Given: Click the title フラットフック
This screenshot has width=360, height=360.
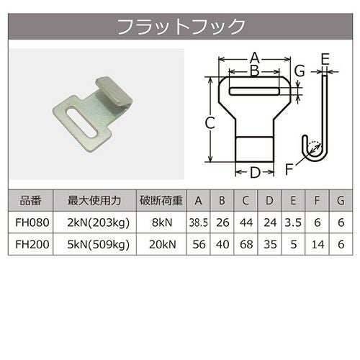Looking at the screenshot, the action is point(181,27).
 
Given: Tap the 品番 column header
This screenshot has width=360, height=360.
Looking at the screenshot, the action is point(30,201).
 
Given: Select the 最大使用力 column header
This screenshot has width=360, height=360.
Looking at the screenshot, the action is point(94,201).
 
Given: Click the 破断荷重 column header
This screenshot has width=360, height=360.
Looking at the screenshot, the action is point(161,201).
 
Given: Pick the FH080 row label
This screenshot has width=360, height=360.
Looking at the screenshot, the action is point(32,222).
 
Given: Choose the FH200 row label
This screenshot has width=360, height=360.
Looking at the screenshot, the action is point(32,245).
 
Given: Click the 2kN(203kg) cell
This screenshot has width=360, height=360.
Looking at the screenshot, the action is point(99,223).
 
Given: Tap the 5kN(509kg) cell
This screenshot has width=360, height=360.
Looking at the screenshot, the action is point(99,245).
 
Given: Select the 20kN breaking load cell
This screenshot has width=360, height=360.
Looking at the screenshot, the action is point(162,245).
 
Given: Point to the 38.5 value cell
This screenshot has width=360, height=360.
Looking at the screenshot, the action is point(198,223).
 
